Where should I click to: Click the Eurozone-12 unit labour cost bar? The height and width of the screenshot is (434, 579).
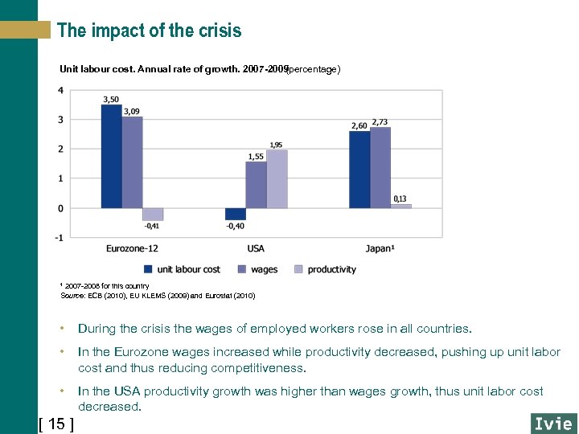tap(112, 157)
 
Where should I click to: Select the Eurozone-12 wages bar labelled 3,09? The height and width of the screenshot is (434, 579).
tap(133, 162)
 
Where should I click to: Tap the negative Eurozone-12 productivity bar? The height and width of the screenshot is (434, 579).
tap(153, 214)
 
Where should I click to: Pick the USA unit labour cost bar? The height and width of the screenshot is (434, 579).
tap(236, 214)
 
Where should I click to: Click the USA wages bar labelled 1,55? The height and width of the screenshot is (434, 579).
tap(256, 185)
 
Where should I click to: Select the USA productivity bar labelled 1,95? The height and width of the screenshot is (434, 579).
tap(277, 179)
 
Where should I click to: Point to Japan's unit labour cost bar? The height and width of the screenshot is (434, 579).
tap(359, 170)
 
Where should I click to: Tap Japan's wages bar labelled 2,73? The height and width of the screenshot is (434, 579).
tap(380, 168)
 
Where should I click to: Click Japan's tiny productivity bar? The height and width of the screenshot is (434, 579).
tap(400, 207)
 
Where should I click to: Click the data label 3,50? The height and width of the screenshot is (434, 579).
tap(111, 100)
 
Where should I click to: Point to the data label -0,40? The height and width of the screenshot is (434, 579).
tap(236, 226)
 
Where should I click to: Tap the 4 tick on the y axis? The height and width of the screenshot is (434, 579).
tap(62, 90)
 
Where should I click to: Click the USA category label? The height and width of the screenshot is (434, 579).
tap(256, 248)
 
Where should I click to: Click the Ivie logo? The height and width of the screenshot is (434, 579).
tap(553, 423)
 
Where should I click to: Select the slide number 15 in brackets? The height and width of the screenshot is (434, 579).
tap(56, 424)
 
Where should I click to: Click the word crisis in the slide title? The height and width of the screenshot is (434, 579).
tap(217, 31)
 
